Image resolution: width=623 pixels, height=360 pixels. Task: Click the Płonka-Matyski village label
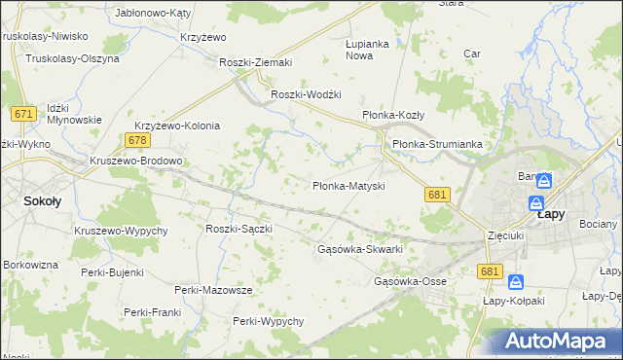(x=348, y=185)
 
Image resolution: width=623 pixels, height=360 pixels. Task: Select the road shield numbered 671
(x=25, y=114)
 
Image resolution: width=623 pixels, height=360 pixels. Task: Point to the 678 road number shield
(x=136, y=141)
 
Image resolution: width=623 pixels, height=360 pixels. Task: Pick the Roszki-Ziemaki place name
(x=256, y=62)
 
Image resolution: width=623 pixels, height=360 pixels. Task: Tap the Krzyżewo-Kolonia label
(x=177, y=126)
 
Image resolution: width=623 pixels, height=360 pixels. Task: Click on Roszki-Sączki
(x=238, y=228)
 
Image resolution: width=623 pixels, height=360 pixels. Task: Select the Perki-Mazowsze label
(x=213, y=290)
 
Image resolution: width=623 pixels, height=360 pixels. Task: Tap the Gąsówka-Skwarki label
(x=360, y=249)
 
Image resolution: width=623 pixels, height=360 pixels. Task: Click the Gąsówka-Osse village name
(x=410, y=281)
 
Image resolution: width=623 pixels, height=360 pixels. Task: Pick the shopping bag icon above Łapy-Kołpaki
(x=516, y=282)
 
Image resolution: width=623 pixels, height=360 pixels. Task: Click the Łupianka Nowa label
(x=367, y=50)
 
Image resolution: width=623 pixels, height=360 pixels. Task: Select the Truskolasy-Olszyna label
(x=73, y=58)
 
